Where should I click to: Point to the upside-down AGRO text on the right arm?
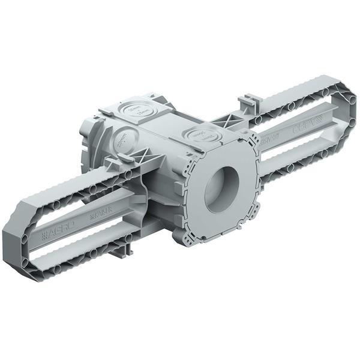coord(304,128)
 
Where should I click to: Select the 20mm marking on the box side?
coord(122,143)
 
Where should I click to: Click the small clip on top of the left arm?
coord(124,158)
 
